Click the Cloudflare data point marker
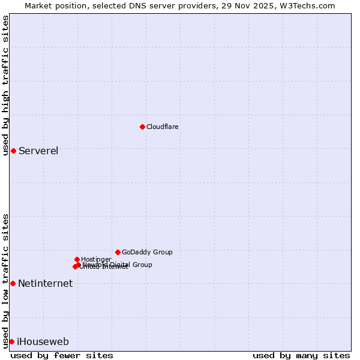click(x=142, y=127)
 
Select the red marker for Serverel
click(x=13, y=151)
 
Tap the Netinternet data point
click(x=13, y=283)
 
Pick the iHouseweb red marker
click(x=11, y=341)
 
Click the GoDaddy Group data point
click(x=118, y=252)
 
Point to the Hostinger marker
click(x=77, y=259)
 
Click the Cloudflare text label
click(x=163, y=127)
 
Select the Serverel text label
click(x=38, y=151)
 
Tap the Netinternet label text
click(x=45, y=284)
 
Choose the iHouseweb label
click(x=43, y=342)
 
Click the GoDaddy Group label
click(x=147, y=252)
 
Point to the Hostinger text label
click(x=96, y=259)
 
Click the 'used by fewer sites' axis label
click(x=62, y=355)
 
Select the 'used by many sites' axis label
click(x=301, y=355)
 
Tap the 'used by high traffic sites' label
click(x=6, y=85)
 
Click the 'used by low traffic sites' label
click(x=6, y=281)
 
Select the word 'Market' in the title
click(x=39, y=5)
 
